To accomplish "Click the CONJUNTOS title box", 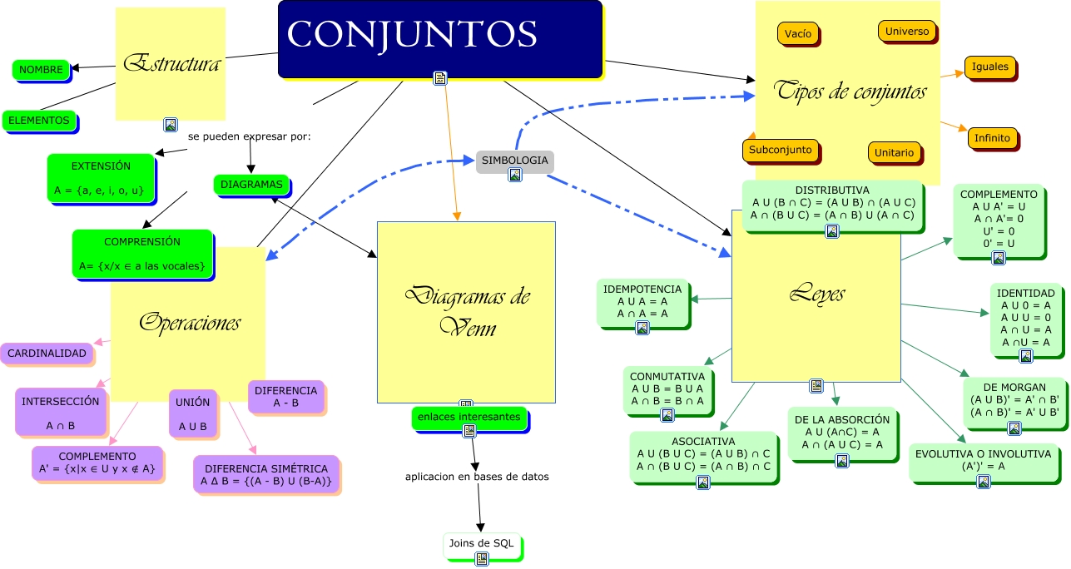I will point(439,37).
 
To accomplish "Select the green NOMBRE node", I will point(41,70).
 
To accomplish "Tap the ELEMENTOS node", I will point(39,121).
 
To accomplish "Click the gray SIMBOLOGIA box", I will point(514,159).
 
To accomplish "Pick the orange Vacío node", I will point(797,34).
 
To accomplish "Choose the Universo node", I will point(906,32).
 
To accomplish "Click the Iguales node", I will point(989,67).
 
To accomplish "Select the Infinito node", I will point(992,138).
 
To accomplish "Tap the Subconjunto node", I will point(780,151).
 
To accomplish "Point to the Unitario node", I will point(895,152).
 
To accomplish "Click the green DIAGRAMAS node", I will point(251,184).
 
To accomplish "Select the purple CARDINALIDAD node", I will point(47,354).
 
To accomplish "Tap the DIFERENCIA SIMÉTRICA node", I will point(265,475).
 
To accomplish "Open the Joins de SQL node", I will point(482,545).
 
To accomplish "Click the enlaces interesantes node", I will point(469,417).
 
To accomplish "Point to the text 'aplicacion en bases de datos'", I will point(477,477).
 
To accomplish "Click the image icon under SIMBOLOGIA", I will point(515,175).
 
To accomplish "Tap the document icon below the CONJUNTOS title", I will point(440,78).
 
